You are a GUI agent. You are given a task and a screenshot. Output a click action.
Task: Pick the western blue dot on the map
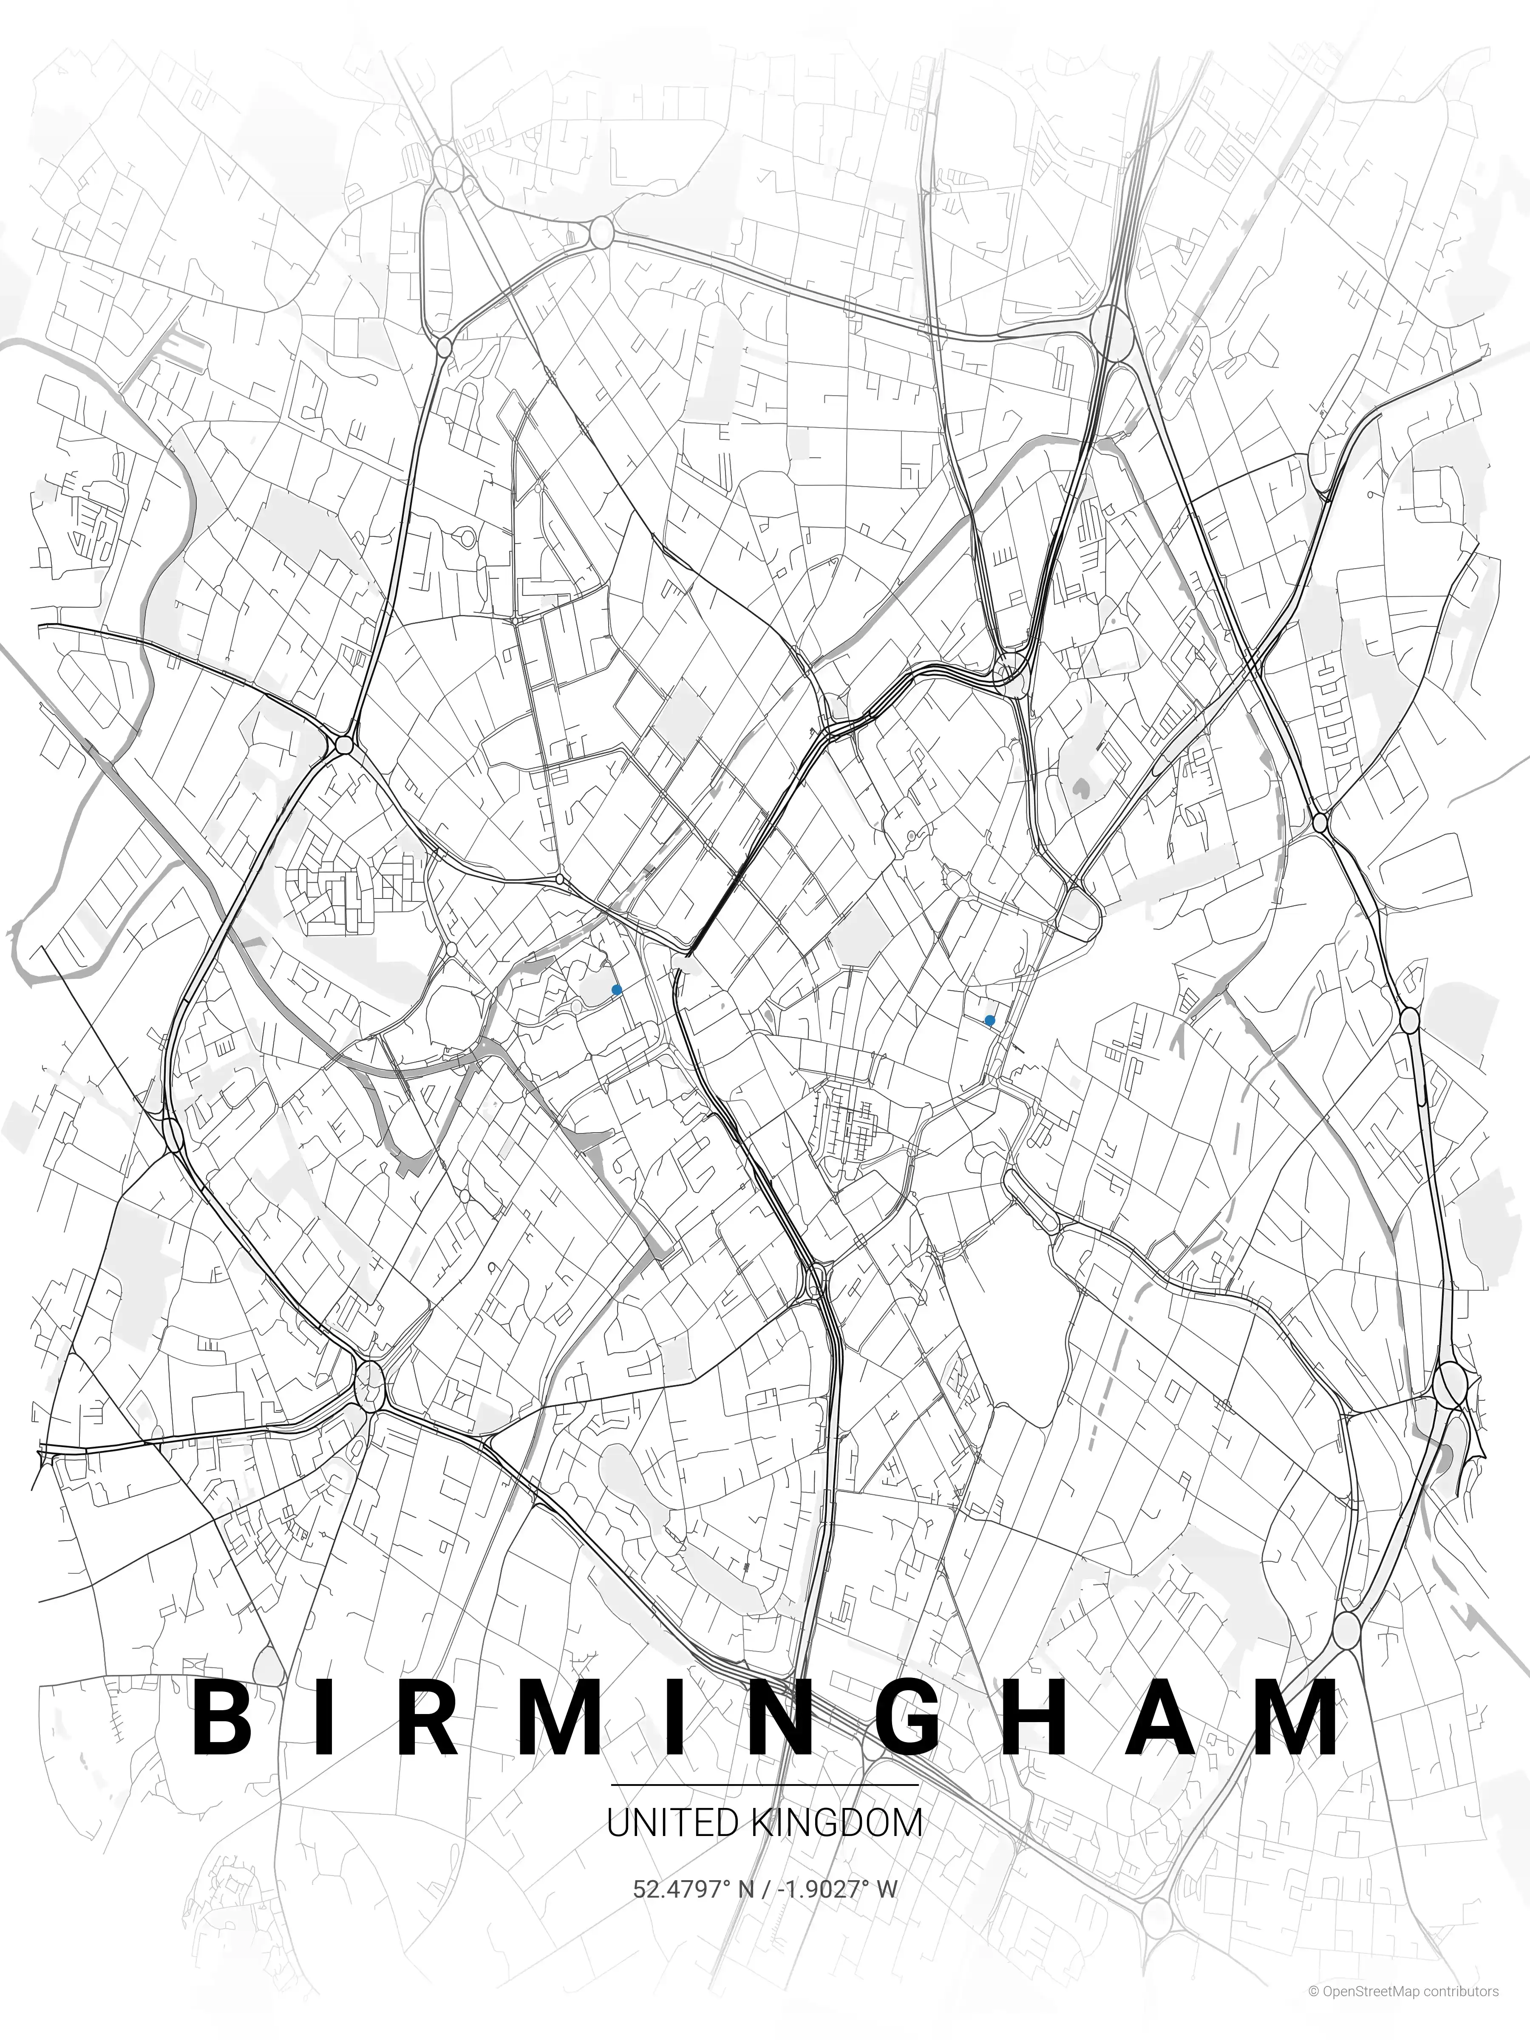(x=616, y=989)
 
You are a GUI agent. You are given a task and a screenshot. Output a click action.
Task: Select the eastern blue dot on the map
(x=989, y=1020)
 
